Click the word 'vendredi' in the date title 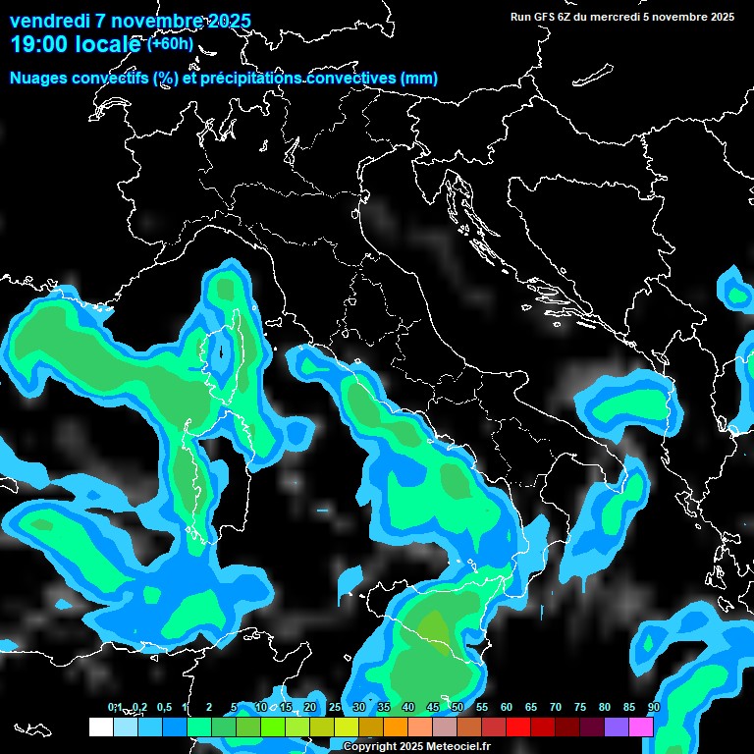pyautogui.click(x=48, y=21)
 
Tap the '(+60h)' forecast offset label pyautogui.click(x=169, y=43)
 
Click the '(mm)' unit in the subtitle pyautogui.click(x=418, y=78)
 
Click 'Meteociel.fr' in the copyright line pyautogui.click(x=458, y=747)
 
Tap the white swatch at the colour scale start pyautogui.click(x=100, y=727)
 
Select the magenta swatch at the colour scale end pyautogui.click(x=641, y=727)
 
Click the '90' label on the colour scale pyautogui.click(x=654, y=708)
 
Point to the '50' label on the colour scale pyautogui.click(x=458, y=708)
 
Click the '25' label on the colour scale pyautogui.click(x=335, y=708)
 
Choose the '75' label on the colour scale pyautogui.click(x=580, y=708)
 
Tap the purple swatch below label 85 pyautogui.click(x=617, y=727)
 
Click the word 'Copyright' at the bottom pyautogui.click(x=370, y=747)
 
